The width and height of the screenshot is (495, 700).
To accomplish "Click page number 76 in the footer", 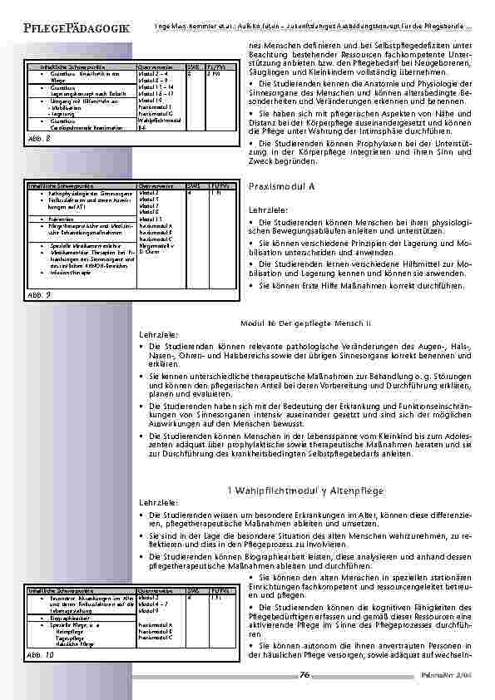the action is (x=304, y=674).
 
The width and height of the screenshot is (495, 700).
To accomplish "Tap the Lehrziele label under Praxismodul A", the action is (x=269, y=210).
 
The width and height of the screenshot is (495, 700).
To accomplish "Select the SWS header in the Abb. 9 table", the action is (x=193, y=185).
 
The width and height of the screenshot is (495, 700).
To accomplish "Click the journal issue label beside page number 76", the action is (x=448, y=675).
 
